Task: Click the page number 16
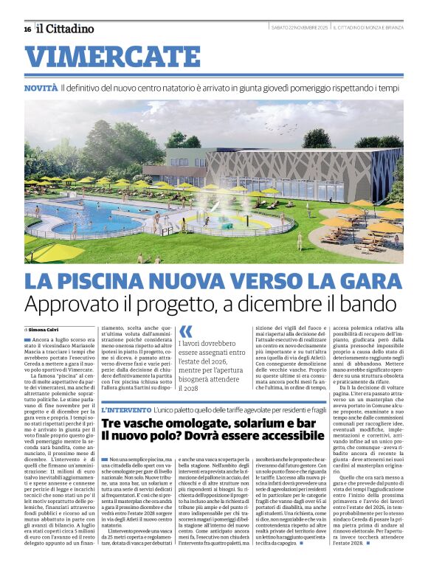click(x=27, y=29)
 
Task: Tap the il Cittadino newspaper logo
click(x=66, y=29)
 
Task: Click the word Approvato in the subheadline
click(x=69, y=303)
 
